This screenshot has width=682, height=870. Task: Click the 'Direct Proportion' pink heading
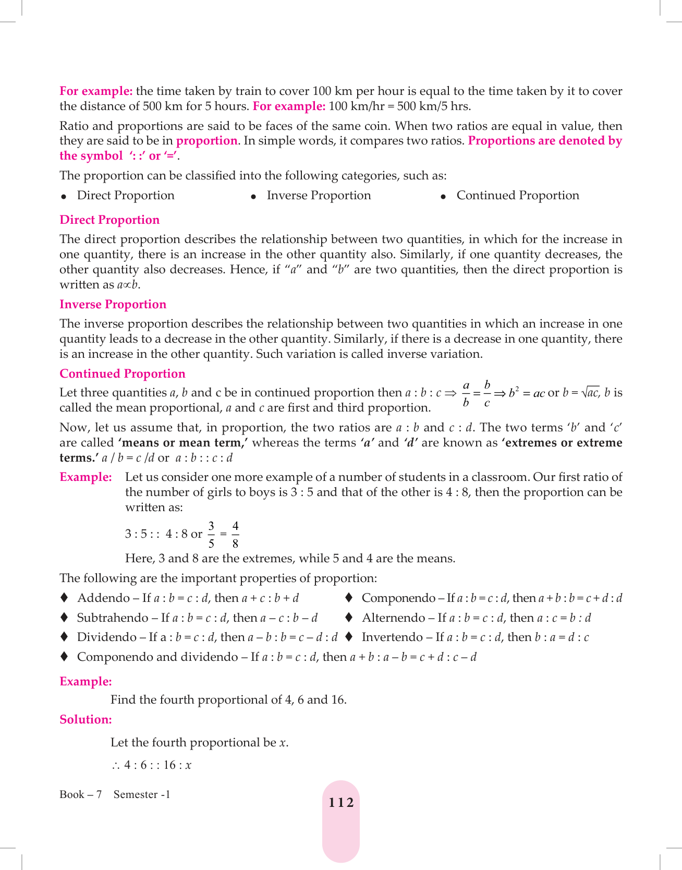tap(109, 220)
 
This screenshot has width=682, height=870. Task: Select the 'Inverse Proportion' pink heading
tap(113, 304)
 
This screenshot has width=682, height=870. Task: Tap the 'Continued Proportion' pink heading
tap(122, 373)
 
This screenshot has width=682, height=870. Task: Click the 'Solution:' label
tap(86, 719)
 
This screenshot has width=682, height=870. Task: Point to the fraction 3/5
tap(211, 534)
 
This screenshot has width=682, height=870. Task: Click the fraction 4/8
tap(235, 534)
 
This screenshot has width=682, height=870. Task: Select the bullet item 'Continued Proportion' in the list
tap(518, 195)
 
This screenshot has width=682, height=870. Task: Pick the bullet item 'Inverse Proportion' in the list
tap(319, 195)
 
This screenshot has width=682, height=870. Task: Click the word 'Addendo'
tap(103, 598)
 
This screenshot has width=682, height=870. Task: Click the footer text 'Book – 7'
tap(80, 794)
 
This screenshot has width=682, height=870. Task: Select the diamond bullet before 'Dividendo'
tap(64, 637)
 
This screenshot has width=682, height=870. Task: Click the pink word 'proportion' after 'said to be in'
tap(207, 141)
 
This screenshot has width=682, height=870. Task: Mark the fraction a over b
tap(466, 394)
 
